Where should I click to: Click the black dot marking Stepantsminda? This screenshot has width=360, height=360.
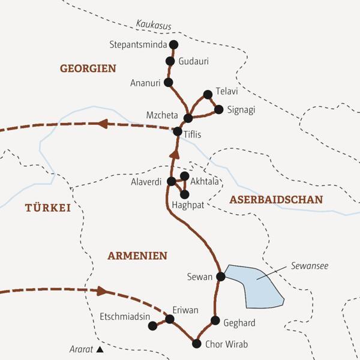click(x=174, y=44)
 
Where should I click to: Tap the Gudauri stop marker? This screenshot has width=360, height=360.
click(x=169, y=61)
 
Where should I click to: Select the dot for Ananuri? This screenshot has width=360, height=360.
click(x=168, y=82)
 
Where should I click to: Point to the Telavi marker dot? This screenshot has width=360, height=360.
click(x=208, y=94)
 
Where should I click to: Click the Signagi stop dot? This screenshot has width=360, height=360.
click(x=218, y=109)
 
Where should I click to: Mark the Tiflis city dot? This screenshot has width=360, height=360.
click(x=178, y=131)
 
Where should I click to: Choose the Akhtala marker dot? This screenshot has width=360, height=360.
click(x=184, y=176)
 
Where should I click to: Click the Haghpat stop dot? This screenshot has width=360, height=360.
click(x=184, y=194)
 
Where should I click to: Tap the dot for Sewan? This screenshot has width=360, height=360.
click(x=220, y=277)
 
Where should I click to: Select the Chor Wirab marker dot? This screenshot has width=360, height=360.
click(x=196, y=344)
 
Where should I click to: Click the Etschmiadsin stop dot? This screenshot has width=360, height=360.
click(x=152, y=326)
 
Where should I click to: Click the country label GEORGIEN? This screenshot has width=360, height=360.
click(x=88, y=69)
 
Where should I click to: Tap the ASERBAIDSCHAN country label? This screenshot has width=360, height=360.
click(x=276, y=199)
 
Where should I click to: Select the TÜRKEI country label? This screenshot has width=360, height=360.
click(x=47, y=208)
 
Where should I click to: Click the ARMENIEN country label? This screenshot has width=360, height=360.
click(x=137, y=256)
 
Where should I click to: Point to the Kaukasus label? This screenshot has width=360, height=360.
click(x=154, y=25)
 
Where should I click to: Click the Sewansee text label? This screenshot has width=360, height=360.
click(x=310, y=265)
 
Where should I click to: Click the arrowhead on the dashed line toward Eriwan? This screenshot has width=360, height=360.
click(x=103, y=291)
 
